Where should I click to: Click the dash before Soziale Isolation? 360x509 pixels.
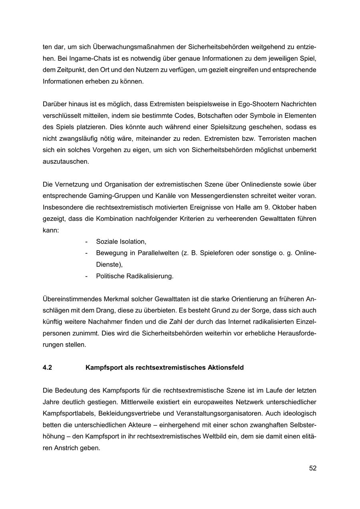[87, 242]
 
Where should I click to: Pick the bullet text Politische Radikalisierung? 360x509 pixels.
[135, 276]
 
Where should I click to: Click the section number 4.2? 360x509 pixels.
[47, 367]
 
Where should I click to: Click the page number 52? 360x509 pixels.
[312, 468]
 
